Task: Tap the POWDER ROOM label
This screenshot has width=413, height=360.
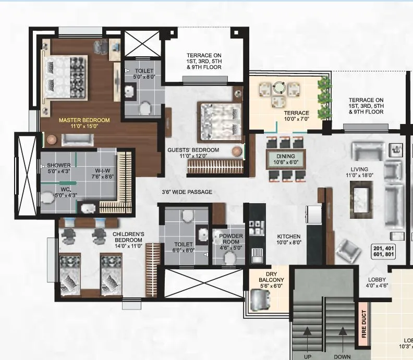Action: pos(231,239)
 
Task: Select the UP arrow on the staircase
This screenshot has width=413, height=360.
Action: pos(308,331)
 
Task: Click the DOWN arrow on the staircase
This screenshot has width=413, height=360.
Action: pos(342,331)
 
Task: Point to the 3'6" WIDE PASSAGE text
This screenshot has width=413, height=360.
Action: pos(187,192)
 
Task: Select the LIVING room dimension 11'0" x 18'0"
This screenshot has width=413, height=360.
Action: pos(359,176)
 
